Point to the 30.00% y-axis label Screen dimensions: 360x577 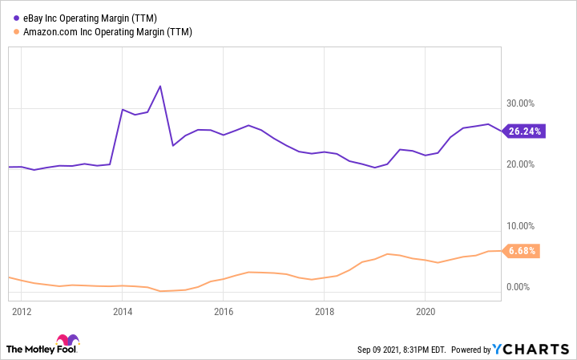(x=521, y=103)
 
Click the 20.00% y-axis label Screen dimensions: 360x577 (x=521, y=164)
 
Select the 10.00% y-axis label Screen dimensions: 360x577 (x=521, y=226)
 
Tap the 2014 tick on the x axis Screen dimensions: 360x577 (x=122, y=310)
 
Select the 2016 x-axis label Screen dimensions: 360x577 (x=224, y=310)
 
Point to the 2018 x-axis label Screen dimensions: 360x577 (x=325, y=310)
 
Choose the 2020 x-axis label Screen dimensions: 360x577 (x=426, y=310)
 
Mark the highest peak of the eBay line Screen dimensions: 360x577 (x=161, y=86)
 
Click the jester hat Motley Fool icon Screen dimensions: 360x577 (x=68, y=340)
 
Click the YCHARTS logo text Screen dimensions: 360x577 (x=543, y=350)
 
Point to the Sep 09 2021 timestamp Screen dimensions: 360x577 (x=401, y=350)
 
